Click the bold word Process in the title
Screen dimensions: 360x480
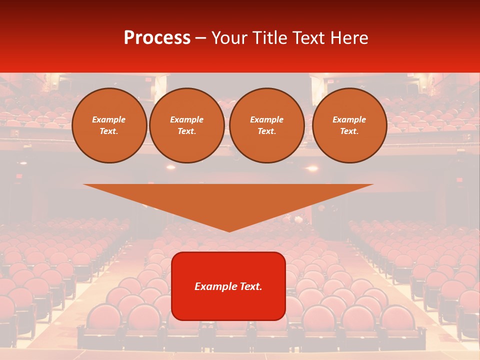157,38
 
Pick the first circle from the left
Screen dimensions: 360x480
109,125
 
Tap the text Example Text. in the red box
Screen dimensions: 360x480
228,286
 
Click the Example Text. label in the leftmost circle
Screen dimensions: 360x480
109,125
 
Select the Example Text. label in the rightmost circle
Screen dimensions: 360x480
349,125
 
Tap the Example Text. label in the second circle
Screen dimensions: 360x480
186,125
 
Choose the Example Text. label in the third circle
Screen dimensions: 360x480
266,125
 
